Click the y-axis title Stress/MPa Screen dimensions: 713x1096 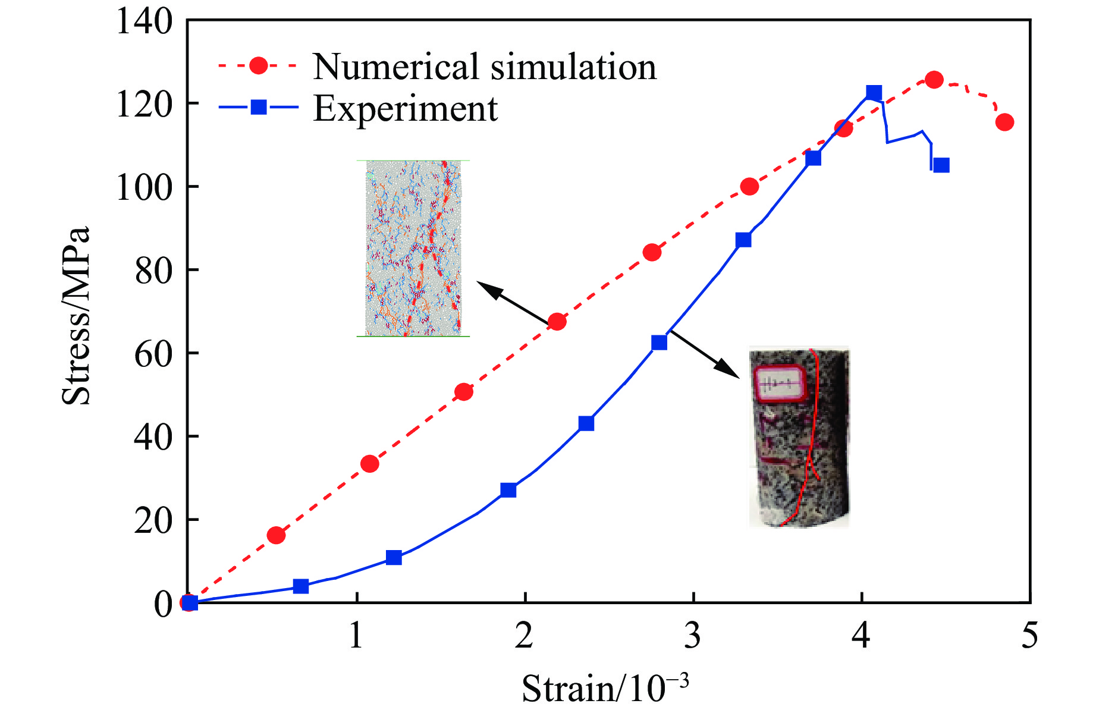(76, 315)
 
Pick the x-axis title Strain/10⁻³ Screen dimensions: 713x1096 (605, 688)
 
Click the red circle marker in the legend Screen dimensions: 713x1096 (259, 65)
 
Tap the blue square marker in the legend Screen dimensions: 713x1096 (259, 108)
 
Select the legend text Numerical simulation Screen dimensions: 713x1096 (485, 66)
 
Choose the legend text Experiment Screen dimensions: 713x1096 (406, 108)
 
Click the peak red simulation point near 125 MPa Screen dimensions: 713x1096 (934, 80)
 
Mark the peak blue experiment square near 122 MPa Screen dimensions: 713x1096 (874, 93)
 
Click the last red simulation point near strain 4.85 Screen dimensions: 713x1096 (1004, 123)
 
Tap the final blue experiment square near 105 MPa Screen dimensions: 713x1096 (941, 165)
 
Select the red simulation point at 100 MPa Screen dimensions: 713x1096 (749, 187)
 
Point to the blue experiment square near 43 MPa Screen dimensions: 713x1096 (586, 423)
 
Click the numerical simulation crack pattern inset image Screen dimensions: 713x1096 (413, 249)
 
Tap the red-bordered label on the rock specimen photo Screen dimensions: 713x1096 (779, 384)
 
